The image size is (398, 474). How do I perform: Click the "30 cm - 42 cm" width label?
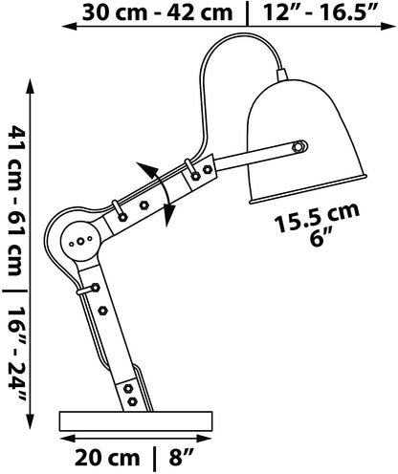(x=157, y=13)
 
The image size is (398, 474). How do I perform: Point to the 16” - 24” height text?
(x=16, y=354)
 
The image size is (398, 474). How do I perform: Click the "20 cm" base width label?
(x=107, y=458)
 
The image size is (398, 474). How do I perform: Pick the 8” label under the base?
(x=182, y=458)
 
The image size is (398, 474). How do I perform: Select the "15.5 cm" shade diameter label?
(x=317, y=218)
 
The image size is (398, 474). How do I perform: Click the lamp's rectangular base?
(x=136, y=420)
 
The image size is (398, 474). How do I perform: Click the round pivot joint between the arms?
(x=80, y=241)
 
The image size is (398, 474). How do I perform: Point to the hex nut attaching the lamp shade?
(x=298, y=146)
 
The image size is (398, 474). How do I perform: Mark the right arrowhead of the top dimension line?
(x=388, y=27)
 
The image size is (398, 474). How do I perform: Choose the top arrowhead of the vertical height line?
(x=31, y=86)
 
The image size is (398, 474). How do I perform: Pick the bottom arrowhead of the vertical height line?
(x=31, y=421)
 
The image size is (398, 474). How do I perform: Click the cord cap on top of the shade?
(x=282, y=75)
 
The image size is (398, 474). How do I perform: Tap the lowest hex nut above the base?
(x=132, y=401)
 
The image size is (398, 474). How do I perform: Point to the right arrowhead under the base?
(x=204, y=439)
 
